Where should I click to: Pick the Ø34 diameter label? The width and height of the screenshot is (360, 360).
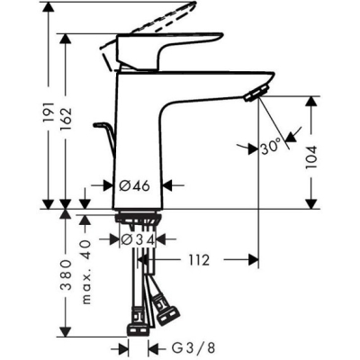coord(139,239)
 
